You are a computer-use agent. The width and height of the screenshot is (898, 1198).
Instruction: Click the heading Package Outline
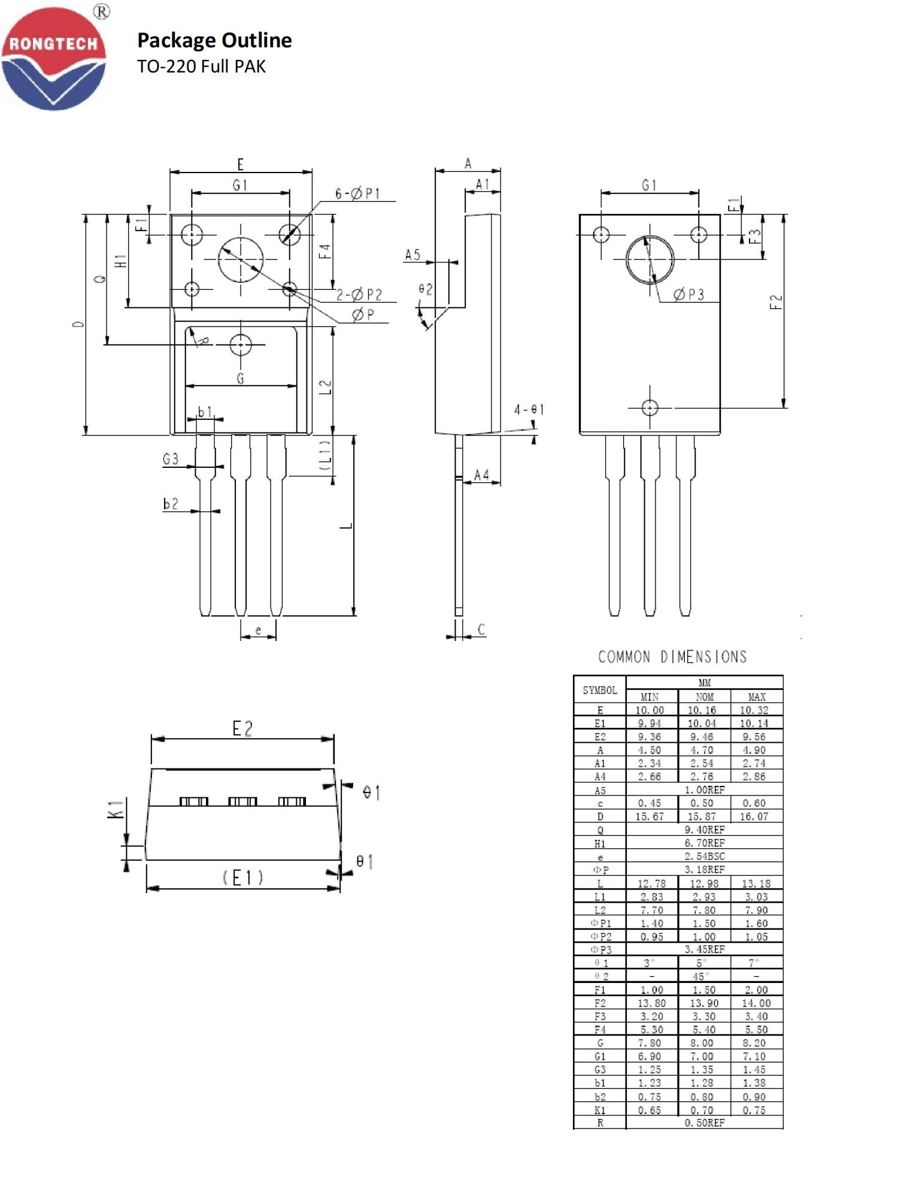point(214,40)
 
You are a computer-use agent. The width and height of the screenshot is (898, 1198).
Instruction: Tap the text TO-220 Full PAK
point(201,66)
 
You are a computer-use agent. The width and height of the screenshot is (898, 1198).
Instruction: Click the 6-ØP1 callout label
point(357,193)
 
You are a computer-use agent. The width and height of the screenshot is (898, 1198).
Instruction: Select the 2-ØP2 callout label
point(359,294)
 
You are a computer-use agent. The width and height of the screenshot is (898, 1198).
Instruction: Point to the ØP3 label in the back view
point(688,294)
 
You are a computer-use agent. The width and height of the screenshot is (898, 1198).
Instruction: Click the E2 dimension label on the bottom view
point(242,728)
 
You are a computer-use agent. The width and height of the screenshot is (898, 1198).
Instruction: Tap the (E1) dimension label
point(243,878)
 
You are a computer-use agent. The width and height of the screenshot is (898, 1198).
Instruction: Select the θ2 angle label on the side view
point(425,289)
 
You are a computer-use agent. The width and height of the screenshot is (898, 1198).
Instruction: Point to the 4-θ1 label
point(529,410)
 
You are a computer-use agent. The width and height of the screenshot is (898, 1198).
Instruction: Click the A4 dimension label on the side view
point(481,475)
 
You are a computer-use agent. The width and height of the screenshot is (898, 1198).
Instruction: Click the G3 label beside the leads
point(171,459)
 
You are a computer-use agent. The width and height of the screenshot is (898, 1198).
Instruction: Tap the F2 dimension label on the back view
point(776,301)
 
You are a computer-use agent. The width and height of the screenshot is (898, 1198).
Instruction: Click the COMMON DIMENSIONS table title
point(672,657)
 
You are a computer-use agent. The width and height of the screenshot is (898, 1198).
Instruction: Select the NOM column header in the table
point(704,697)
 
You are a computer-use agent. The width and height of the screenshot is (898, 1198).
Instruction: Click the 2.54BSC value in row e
point(704,856)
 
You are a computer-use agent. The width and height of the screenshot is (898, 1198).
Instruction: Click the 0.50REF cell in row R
point(704,1123)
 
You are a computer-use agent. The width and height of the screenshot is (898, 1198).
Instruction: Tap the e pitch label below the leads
point(258,630)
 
